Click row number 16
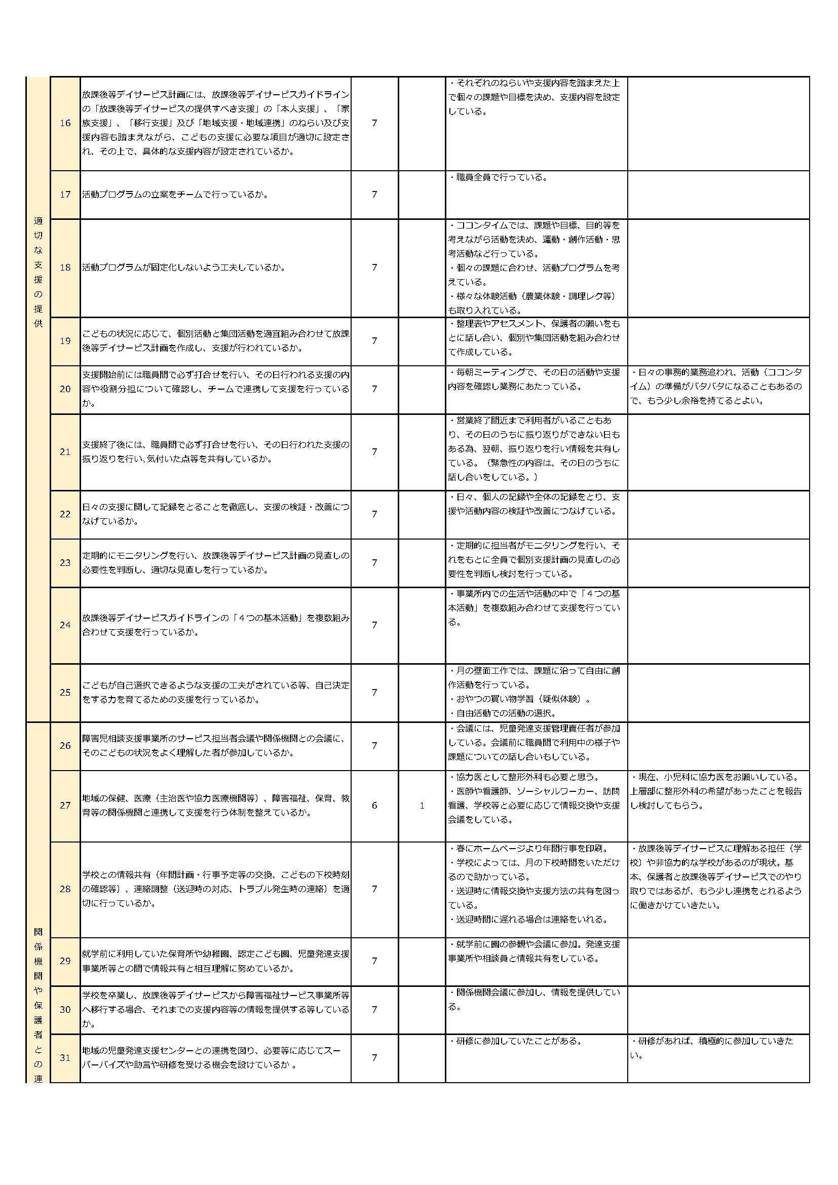tap(65, 123)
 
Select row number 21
tap(65, 451)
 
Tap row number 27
tap(65, 805)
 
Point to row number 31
tap(65, 1057)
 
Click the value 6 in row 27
tap(374, 805)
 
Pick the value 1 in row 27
tap(422, 805)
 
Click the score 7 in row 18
tap(374, 267)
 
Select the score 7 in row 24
tap(374, 625)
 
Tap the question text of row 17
tap(175, 195)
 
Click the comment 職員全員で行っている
tap(499, 177)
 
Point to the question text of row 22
tap(215, 514)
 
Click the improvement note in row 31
tap(711, 1048)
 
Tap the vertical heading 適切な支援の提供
tap(38, 272)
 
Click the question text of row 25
tap(215, 692)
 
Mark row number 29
tap(65, 961)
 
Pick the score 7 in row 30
tap(374, 1009)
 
